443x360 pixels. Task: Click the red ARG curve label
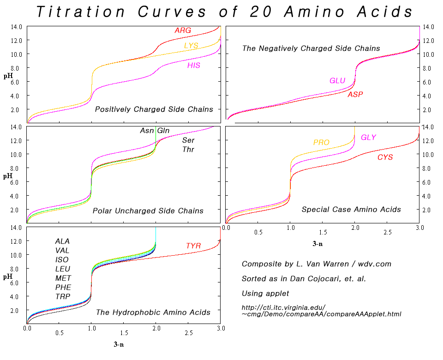[183, 30]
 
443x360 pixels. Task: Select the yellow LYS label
[192, 45]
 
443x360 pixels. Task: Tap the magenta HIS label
[194, 66]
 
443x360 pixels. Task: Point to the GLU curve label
[337, 81]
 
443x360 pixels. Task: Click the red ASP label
[355, 95]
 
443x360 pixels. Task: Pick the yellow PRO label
[321, 142]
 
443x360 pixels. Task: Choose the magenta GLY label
[368, 137]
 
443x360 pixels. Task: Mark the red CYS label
[385, 157]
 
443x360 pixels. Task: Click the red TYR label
[193, 246]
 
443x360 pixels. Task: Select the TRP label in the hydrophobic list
[63, 296]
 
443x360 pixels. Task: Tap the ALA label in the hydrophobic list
[62, 241]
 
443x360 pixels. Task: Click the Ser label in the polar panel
[188, 140]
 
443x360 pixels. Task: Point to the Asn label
[147, 131]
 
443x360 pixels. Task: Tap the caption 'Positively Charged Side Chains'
[154, 109]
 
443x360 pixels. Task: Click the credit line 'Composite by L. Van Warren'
[317, 264]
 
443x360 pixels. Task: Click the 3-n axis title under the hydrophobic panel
[119, 344]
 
